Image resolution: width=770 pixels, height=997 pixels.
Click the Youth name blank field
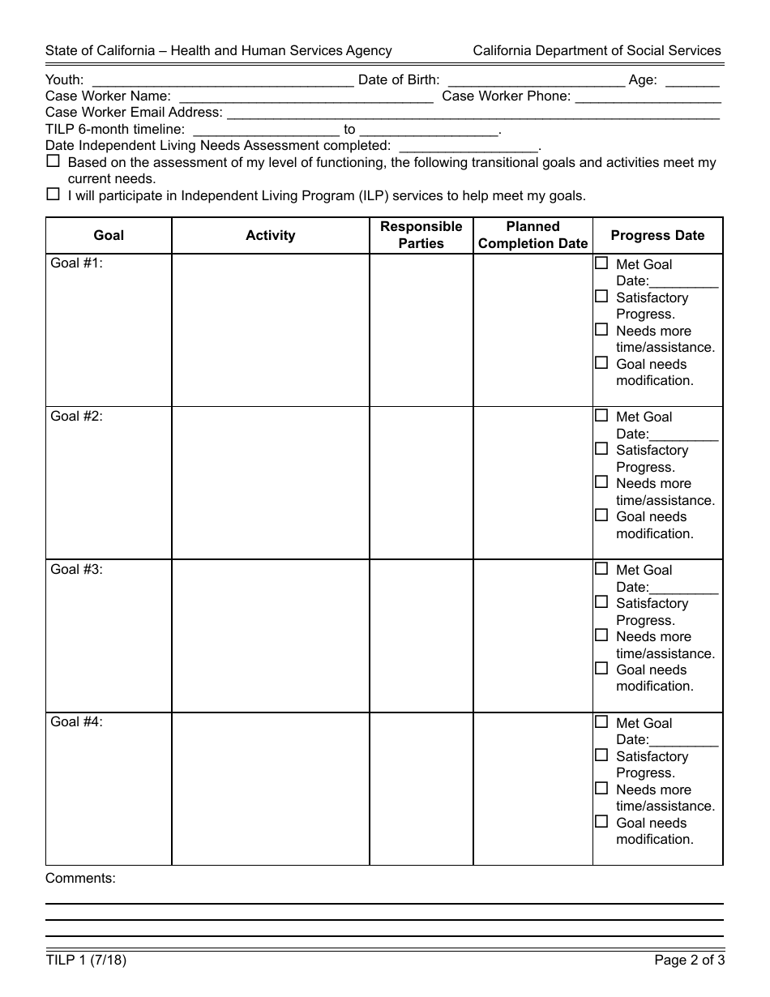coord(224,81)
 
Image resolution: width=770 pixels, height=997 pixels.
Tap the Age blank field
coord(691,81)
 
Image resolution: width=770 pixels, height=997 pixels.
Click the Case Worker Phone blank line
coord(648,97)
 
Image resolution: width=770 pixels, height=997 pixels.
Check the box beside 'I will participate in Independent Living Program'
coord(53,195)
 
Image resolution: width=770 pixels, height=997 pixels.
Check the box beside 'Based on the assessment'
coord(53,161)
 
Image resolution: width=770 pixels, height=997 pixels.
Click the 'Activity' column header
coord(270,235)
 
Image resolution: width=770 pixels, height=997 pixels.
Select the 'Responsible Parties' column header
coord(421,235)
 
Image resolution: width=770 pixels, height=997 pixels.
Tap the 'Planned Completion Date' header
coord(533,235)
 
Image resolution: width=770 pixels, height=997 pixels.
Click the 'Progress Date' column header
coord(657,235)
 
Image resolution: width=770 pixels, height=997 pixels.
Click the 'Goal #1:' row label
coord(76,263)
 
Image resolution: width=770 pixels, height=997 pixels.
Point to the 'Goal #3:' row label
coord(76,569)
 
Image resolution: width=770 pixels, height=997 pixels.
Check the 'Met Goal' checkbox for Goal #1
coord(601,263)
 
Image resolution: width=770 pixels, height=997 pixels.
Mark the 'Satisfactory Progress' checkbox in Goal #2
coord(601,449)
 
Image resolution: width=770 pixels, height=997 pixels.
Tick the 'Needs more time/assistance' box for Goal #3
coord(601,635)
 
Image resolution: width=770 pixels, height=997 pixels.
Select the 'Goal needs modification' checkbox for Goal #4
coord(601,822)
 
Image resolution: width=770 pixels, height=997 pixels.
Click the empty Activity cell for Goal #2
coord(270,482)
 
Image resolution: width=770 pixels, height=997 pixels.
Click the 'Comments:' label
coord(80,878)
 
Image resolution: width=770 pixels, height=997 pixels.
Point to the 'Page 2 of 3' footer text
coord(689,961)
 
